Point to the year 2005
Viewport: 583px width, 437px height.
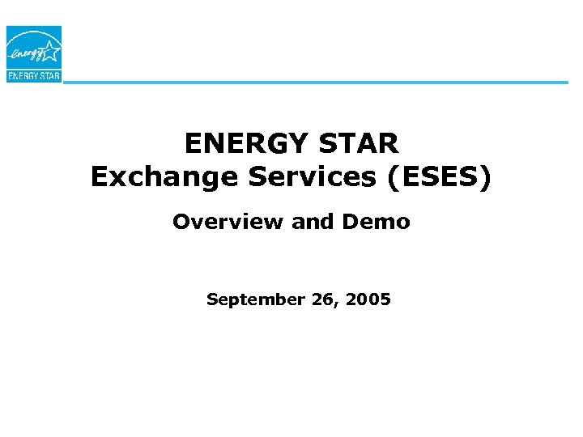coord(368,299)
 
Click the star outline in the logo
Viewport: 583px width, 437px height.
coord(49,53)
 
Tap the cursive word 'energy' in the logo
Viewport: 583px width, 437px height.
coord(28,56)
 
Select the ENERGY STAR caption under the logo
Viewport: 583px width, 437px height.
coord(33,77)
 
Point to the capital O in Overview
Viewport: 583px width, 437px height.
coord(181,222)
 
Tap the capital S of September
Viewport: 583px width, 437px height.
coord(211,299)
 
